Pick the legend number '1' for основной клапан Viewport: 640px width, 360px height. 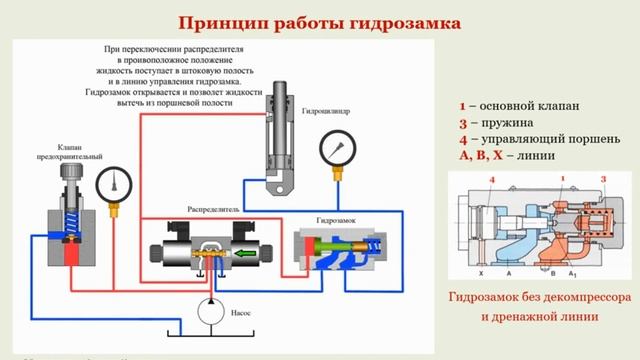click(462, 105)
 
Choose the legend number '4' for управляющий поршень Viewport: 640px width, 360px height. click(463, 139)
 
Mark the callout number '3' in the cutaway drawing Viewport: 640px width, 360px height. click(602, 179)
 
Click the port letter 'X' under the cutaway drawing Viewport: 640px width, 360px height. click(481, 273)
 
